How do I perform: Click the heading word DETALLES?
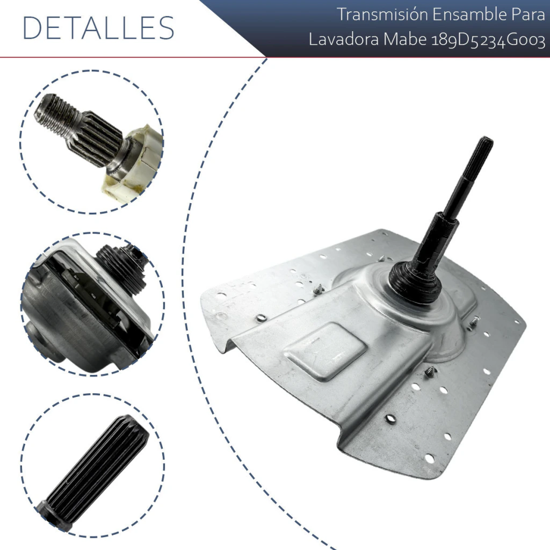point(98,28)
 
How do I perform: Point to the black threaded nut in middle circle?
point(121,269)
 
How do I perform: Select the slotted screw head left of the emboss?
point(262,317)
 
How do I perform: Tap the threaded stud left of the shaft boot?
point(318,290)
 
